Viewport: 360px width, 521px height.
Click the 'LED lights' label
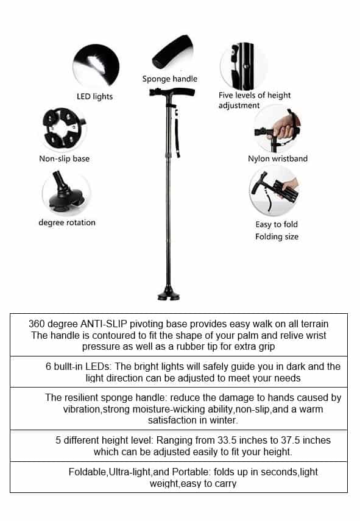click(94, 96)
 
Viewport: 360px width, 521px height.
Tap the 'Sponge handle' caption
click(170, 79)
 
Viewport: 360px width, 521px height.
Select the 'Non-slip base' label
click(64, 158)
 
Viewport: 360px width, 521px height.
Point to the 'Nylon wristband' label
click(278, 158)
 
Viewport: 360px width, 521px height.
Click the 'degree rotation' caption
click(67, 222)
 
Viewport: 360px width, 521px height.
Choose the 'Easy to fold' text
click(277, 224)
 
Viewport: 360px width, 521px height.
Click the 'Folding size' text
click(277, 236)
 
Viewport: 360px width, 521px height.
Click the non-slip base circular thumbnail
click(64, 129)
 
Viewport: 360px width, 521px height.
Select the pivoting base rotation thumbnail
click(66, 193)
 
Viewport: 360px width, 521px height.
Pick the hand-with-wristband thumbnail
click(277, 129)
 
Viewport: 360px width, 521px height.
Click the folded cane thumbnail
click(274, 191)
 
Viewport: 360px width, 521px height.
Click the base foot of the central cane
click(169, 296)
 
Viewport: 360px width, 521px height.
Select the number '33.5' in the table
click(241, 440)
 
